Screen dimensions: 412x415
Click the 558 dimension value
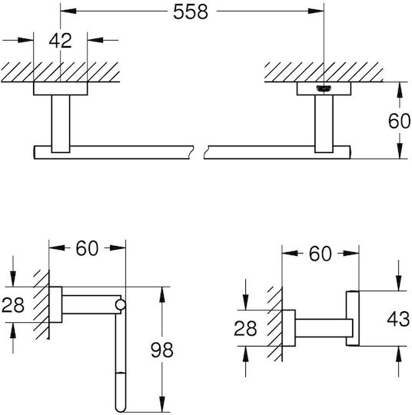pyautogui.click(x=191, y=12)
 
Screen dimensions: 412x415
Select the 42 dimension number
pyautogui.click(x=61, y=41)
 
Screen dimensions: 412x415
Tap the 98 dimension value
pyautogui.click(x=162, y=350)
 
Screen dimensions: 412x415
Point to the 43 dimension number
pyautogui.click(x=398, y=319)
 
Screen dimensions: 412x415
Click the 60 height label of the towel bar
pyautogui.click(x=399, y=121)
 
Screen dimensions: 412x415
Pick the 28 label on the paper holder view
pyautogui.click(x=13, y=305)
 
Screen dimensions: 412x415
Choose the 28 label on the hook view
pyautogui.click(x=245, y=328)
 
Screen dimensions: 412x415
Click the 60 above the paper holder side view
pyautogui.click(x=87, y=248)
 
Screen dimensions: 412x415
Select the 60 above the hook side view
pyautogui.click(x=320, y=254)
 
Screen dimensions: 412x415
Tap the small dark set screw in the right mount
pyautogui.click(x=324, y=89)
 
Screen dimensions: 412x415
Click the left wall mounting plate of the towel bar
pyautogui.click(x=61, y=88)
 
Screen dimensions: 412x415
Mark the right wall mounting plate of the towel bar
pyautogui.click(x=324, y=88)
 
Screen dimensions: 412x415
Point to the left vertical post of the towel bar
pyautogui.click(x=61, y=124)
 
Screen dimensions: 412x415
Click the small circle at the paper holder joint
pyautogui.click(x=121, y=305)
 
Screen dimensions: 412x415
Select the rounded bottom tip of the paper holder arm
pyautogui.click(x=121, y=409)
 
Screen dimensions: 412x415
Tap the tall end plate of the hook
pyautogui.click(x=353, y=318)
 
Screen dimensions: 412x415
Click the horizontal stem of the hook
pyautogui.click(x=324, y=328)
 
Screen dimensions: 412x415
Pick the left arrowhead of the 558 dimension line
pyautogui.click(x=68, y=11)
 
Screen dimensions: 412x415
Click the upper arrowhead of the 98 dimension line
pyautogui.click(x=162, y=294)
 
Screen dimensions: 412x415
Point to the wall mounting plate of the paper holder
pyautogui.click(x=55, y=304)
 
